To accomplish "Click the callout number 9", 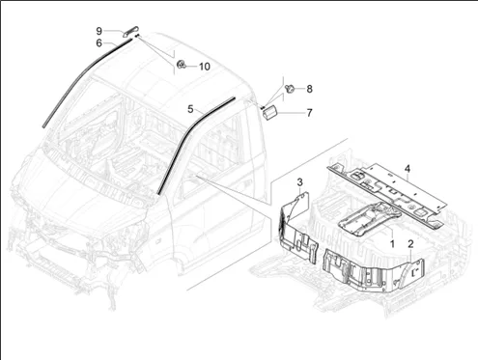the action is click(99, 31).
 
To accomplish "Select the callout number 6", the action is click(99, 42).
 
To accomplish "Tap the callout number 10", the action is click(205, 67).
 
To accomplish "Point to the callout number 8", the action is click(309, 89).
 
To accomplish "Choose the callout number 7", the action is click(309, 113).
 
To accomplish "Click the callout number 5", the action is click(190, 109).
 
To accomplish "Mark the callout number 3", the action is click(299, 182).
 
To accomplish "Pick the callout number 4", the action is click(408, 168).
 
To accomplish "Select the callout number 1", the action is click(392, 243).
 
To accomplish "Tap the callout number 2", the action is click(410, 244).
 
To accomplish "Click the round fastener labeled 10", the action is click(182, 65).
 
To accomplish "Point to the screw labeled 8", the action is click(290, 88).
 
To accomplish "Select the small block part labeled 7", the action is click(269, 112).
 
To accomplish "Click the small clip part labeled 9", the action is click(129, 31).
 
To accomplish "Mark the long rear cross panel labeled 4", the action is click(386, 196).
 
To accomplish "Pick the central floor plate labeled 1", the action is click(370, 220).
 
